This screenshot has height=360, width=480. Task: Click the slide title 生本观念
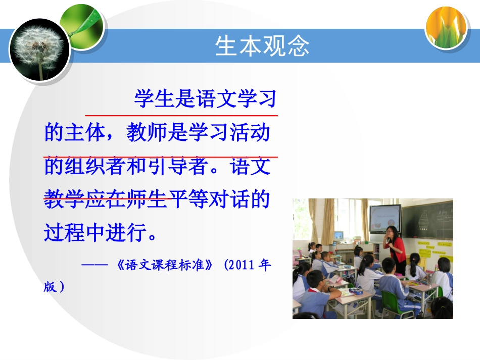(x=262, y=46)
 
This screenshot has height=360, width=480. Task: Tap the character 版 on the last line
(x=50, y=287)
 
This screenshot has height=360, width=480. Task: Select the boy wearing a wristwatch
(x=315, y=292)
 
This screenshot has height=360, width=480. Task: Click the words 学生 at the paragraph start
(x=154, y=98)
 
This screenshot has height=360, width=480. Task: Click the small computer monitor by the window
(x=338, y=235)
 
